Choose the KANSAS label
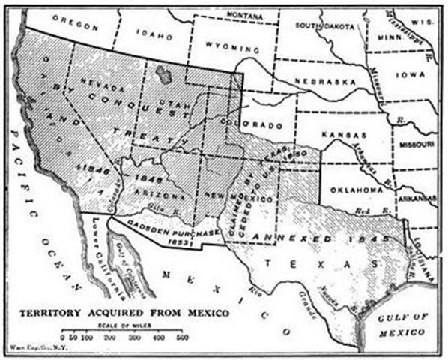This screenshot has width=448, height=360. (347, 135)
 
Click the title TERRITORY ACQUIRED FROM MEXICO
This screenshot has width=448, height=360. (134, 312)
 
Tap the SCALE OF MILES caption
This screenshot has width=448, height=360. (143, 323)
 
